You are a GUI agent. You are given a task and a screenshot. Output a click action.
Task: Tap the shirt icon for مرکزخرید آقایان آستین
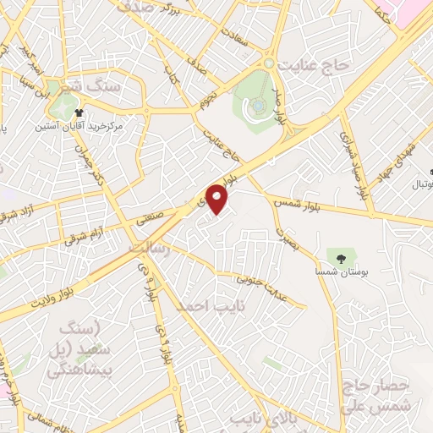79,112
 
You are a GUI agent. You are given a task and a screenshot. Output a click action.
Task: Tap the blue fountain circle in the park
255,106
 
